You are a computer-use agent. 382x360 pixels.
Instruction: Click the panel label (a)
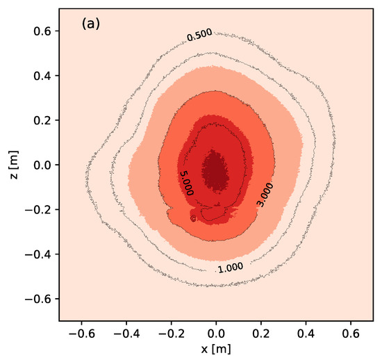pos(91,24)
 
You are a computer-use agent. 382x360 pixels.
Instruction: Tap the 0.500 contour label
pos(200,36)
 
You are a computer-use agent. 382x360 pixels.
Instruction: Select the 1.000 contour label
pos(230,267)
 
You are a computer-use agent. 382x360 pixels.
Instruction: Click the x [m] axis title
pos(216,349)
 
